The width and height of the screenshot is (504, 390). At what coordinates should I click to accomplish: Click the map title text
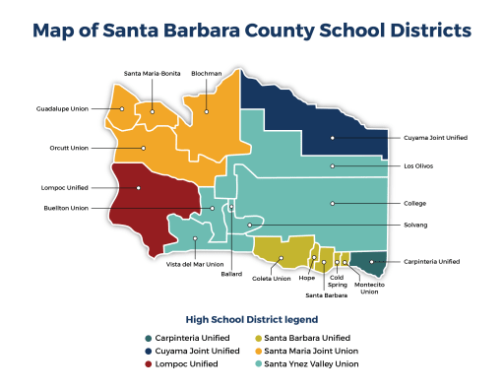click(252, 31)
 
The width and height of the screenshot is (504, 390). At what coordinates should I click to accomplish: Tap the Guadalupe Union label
click(63, 108)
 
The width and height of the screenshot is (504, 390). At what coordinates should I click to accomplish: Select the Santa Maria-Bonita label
click(152, 74)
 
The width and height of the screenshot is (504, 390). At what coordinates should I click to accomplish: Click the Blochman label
click(207, 74)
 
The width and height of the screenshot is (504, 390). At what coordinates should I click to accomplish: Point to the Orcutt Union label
click(69, 148)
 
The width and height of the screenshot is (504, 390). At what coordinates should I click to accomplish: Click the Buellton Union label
click(66, 208)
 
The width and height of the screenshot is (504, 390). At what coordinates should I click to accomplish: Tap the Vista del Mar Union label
click(195, 264)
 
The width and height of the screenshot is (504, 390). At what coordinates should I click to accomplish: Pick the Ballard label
click(231, 275)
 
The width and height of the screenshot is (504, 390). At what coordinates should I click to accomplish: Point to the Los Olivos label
click(418, 166)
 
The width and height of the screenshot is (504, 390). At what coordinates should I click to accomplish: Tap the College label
click(414, 204)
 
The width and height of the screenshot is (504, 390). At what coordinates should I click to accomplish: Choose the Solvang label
click(415, 225)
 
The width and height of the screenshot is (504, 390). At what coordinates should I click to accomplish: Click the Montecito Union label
click(370, 288)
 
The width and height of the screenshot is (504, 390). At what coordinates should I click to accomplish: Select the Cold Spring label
click(338, 282)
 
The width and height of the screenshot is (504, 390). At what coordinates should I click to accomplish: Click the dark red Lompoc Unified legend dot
click(147, 363)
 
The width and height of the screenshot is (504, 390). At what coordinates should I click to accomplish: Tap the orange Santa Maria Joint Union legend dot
click(259, 351)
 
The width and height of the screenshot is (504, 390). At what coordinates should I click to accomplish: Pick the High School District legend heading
click(251, 319)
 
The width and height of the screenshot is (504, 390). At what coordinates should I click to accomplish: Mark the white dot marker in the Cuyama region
click(333, 138)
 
